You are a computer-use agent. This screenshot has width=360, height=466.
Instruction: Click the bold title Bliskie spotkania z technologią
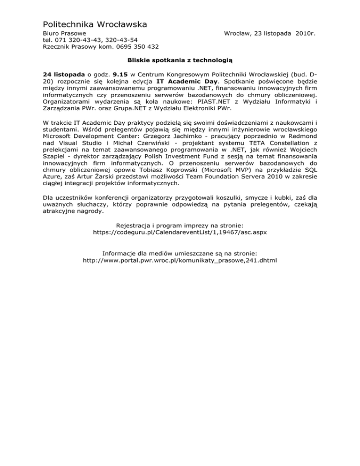coord(180,60)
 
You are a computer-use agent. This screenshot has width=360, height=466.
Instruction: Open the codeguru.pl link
coord(180,232)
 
